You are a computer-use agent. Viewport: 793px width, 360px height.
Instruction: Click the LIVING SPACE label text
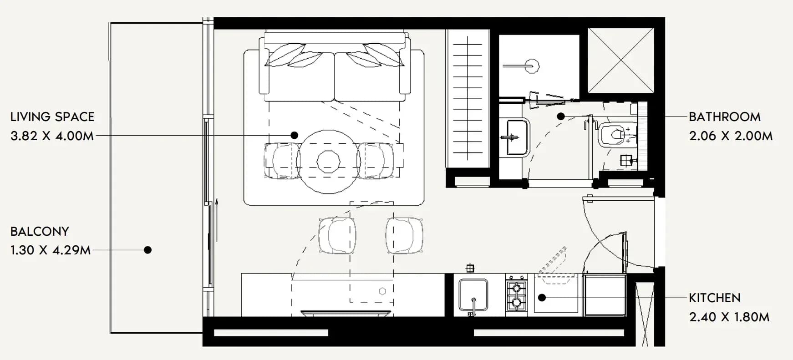coord(52,117)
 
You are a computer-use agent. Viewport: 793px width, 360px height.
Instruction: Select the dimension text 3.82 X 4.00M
coord(52,136)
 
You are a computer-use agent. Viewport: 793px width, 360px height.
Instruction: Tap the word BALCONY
coord(40,231)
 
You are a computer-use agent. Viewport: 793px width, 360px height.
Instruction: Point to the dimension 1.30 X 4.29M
coord(51,250)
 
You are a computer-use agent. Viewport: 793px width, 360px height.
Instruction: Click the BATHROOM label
coord(724,117)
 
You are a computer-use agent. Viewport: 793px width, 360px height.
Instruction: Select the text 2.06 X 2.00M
coord(731,136)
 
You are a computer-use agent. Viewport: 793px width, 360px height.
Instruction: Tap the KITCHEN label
coord(714,298)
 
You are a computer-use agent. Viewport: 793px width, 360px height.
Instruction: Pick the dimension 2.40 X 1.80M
coord(729,317)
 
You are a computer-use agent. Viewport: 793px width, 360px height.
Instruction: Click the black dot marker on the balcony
coord(147,250)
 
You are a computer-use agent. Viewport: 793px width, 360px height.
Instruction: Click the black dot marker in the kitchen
coord(542,298)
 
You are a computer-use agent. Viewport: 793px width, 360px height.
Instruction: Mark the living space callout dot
coord(295,135)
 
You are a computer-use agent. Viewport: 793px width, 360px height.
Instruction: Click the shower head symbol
coord(531,66)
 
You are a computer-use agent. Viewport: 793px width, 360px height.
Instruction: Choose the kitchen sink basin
coord(473,295)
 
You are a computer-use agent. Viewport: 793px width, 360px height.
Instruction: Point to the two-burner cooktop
coord(517,295)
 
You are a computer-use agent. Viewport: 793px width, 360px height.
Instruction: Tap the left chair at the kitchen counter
coord(337,235)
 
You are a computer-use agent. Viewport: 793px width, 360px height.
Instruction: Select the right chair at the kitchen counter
coord(405,235)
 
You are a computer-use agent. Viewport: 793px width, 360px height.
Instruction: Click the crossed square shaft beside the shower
coord(620,60)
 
